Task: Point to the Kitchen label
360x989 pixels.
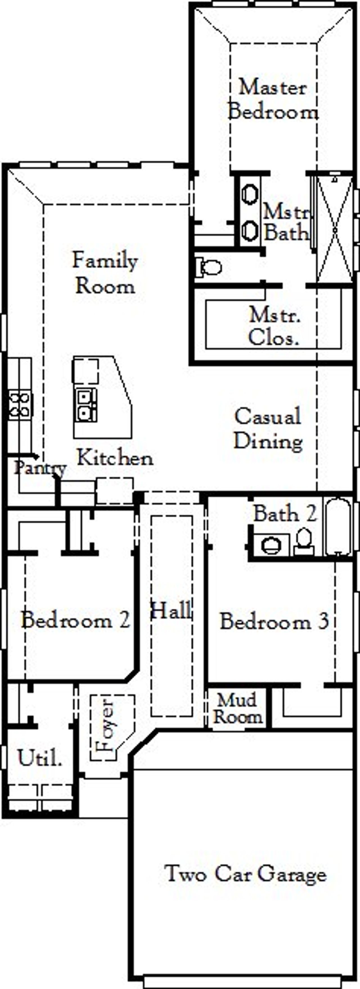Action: point(115,458)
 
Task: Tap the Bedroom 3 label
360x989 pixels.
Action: point(274,621)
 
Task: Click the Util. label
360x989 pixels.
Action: point(40,758)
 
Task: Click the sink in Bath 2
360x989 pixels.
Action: point(272,545)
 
